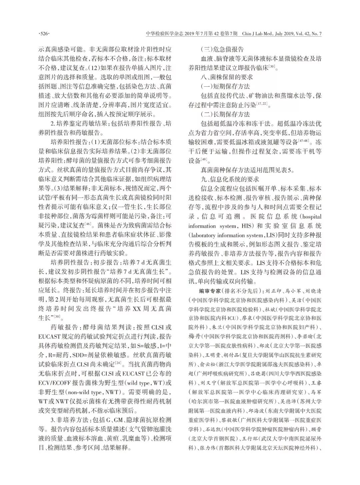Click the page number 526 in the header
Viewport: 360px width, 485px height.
tap(45, 34)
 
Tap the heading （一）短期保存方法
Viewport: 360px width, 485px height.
tap(225, 86)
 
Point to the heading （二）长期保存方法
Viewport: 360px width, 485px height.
tap(225, 114)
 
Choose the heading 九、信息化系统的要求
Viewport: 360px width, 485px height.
tap(228, 179)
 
